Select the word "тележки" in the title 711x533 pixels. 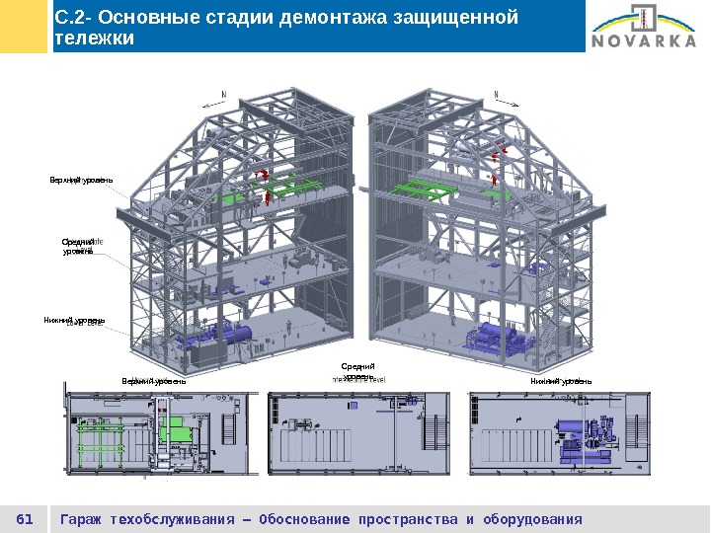[94, 38]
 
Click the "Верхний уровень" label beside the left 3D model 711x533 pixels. [82, 180]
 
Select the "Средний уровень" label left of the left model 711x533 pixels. [78, 246]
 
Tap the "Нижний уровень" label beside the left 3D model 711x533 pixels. [73, 320]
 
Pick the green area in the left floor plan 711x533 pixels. [177, 431]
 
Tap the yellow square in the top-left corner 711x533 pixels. [24, 26]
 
